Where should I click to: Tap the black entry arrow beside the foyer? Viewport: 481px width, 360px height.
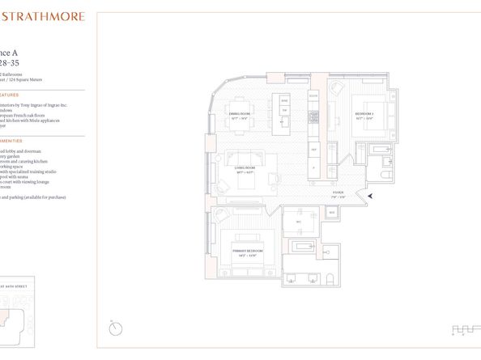(370, 196)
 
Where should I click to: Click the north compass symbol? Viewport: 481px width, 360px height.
(117, 328)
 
